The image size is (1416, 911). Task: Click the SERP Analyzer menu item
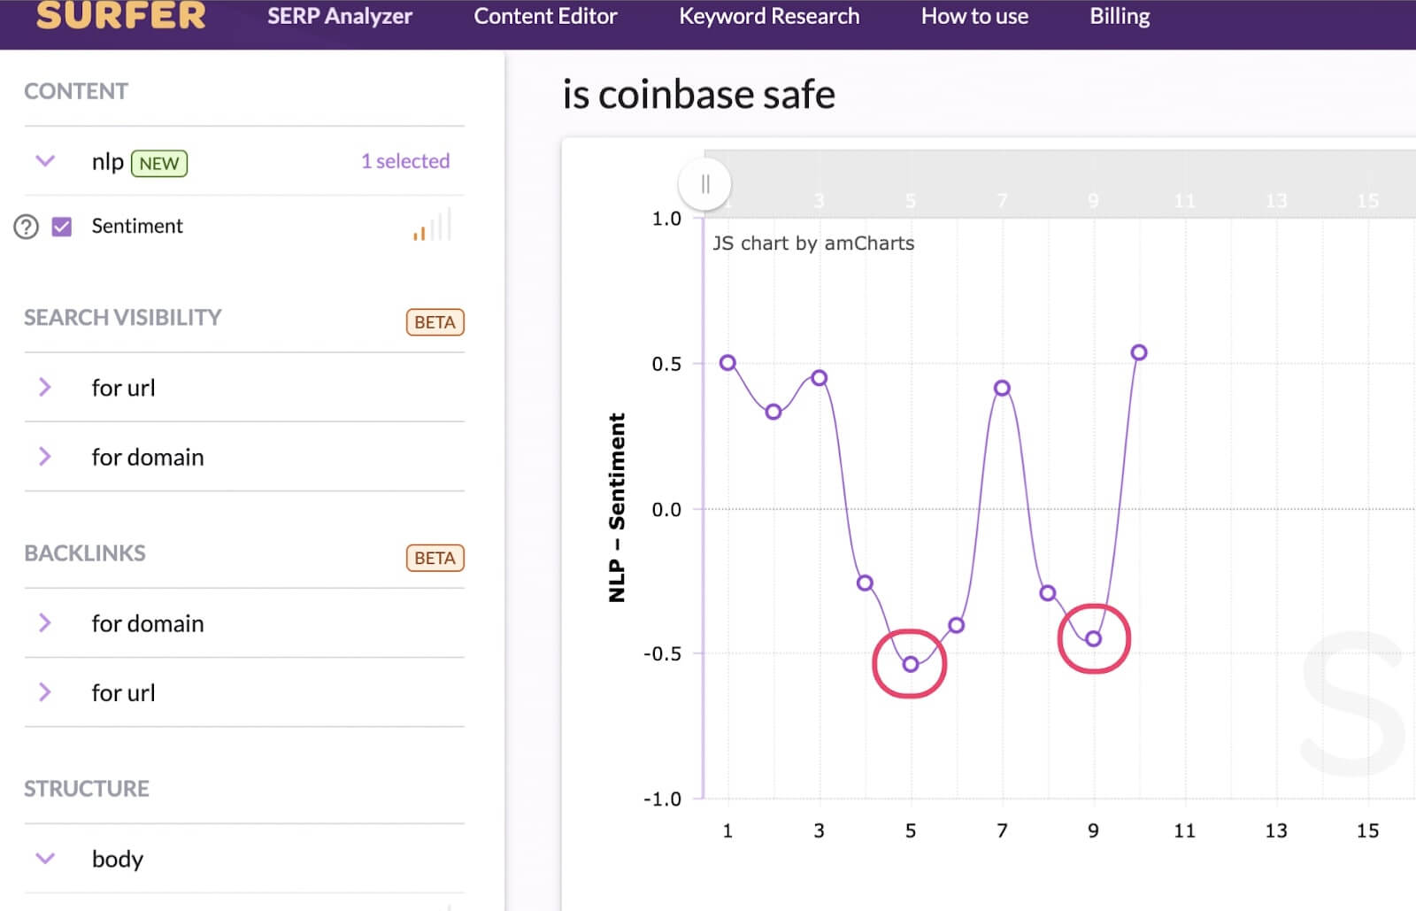coord(339,17)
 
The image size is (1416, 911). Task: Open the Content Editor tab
coord(545,17)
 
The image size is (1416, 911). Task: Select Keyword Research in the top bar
coord(768,17)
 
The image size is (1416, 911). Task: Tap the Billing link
coord(1120,17)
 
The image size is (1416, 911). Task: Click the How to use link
coord(974,17)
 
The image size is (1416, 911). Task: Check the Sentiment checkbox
coord(62,227)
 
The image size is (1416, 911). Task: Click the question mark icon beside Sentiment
coord(27,227)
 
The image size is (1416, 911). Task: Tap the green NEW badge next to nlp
coord(159,164)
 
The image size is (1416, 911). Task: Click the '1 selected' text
coord(405,161)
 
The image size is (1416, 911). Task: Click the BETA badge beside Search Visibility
coord(435,322)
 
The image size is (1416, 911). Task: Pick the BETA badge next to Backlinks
coord(435,558)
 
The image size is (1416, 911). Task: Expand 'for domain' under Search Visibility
coord(147,457)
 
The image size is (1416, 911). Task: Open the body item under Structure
coord(117,859)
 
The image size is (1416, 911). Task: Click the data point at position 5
coord(911,664)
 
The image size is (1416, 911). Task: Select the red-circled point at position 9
coord(1094,638)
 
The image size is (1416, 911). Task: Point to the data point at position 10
coord(1139,352)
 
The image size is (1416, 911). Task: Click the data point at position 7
coord(1002,388)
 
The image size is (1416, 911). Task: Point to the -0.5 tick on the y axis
coord(662,653)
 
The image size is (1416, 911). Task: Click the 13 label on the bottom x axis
coord(1275,830)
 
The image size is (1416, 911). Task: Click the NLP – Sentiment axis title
coord(617,507)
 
